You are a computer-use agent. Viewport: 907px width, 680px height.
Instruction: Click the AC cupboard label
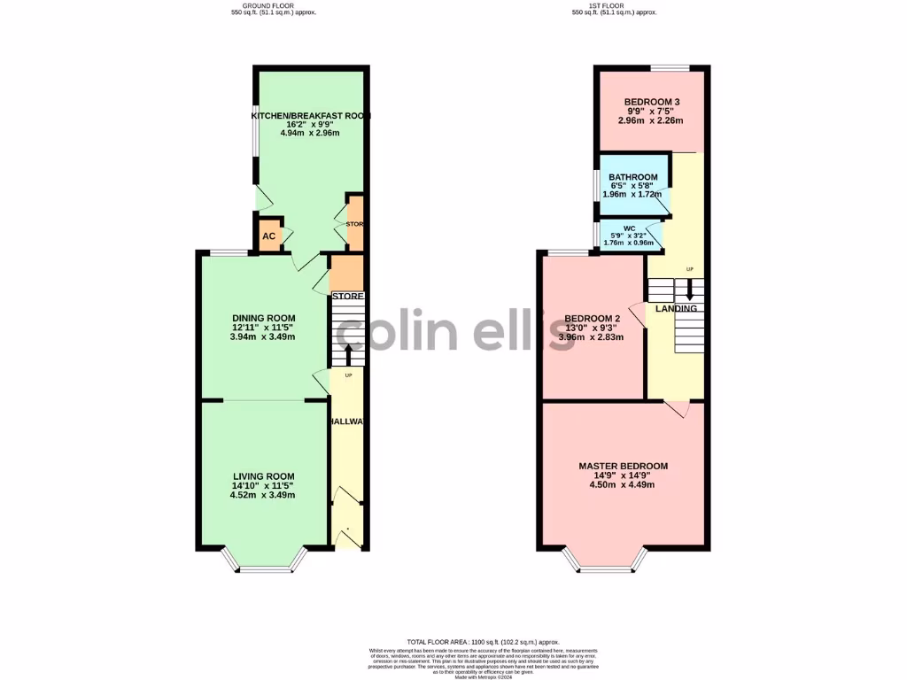(x=267, y=236)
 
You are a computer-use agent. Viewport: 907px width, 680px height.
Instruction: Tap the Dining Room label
(x=264, y=318)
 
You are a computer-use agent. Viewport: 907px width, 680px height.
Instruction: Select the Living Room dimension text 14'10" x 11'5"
(x=264, y=485)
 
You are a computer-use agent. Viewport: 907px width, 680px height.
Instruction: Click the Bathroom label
(x=632, y=177)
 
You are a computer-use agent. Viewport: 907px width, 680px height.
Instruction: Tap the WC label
(x=629, y=228)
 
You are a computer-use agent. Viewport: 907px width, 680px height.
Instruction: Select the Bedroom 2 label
(x=592, y=319)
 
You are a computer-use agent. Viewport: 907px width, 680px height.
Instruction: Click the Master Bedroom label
(x=623, y=466)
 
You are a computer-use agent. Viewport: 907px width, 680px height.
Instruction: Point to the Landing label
(x=676, y=308)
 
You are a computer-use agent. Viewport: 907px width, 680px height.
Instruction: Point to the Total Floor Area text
(x=484, y=641)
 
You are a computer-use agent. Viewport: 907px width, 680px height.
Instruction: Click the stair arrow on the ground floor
(x=347, y=354)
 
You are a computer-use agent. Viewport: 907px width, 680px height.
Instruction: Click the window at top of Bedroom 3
(x=671, y=68)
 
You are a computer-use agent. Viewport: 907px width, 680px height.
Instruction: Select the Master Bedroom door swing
(x=677, y=408)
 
